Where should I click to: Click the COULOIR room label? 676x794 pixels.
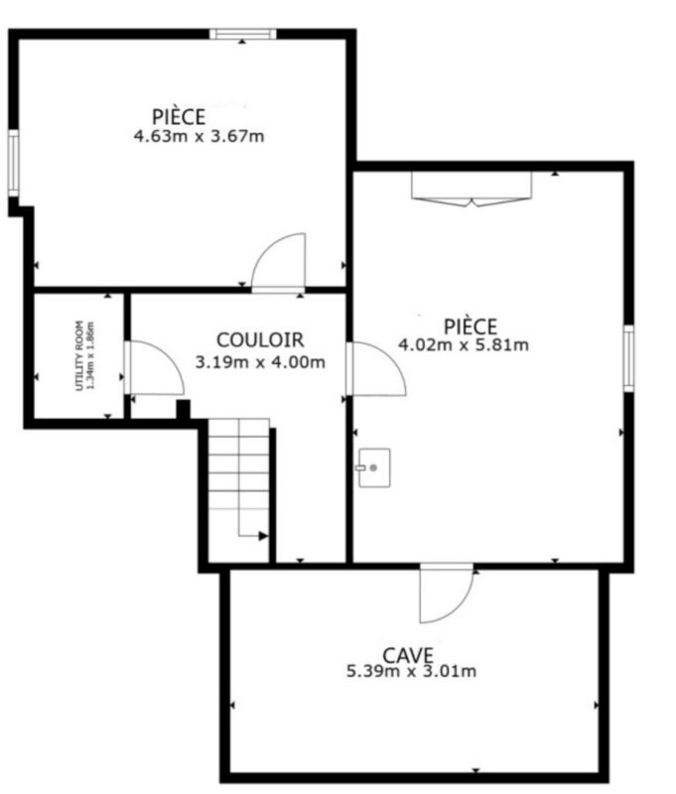point(260,339)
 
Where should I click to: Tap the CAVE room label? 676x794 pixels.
point(408,655)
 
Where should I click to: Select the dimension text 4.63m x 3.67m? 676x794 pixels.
point(199,136)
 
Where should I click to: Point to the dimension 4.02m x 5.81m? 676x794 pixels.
point(464,345)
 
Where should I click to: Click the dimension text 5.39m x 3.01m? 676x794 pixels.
point(411,672)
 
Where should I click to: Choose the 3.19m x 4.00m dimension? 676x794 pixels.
point(260,362)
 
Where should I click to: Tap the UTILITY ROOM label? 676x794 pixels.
point(79,355)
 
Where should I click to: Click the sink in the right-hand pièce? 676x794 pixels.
point(374,467)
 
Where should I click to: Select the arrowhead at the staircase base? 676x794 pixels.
point(263,536)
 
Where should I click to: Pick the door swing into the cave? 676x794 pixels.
point(446,593)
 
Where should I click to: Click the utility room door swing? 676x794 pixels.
point(154,367)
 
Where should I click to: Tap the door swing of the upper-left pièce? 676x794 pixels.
point(279,262)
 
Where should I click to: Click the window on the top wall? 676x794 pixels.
point(243,34)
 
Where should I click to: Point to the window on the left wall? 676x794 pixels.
point(14,163)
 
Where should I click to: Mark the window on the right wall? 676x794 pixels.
point(628,358)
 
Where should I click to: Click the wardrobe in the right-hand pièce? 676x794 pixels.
point(472,189)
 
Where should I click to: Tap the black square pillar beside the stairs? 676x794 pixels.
point(183,409)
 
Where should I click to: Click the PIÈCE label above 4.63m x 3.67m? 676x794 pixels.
point(179,117)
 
